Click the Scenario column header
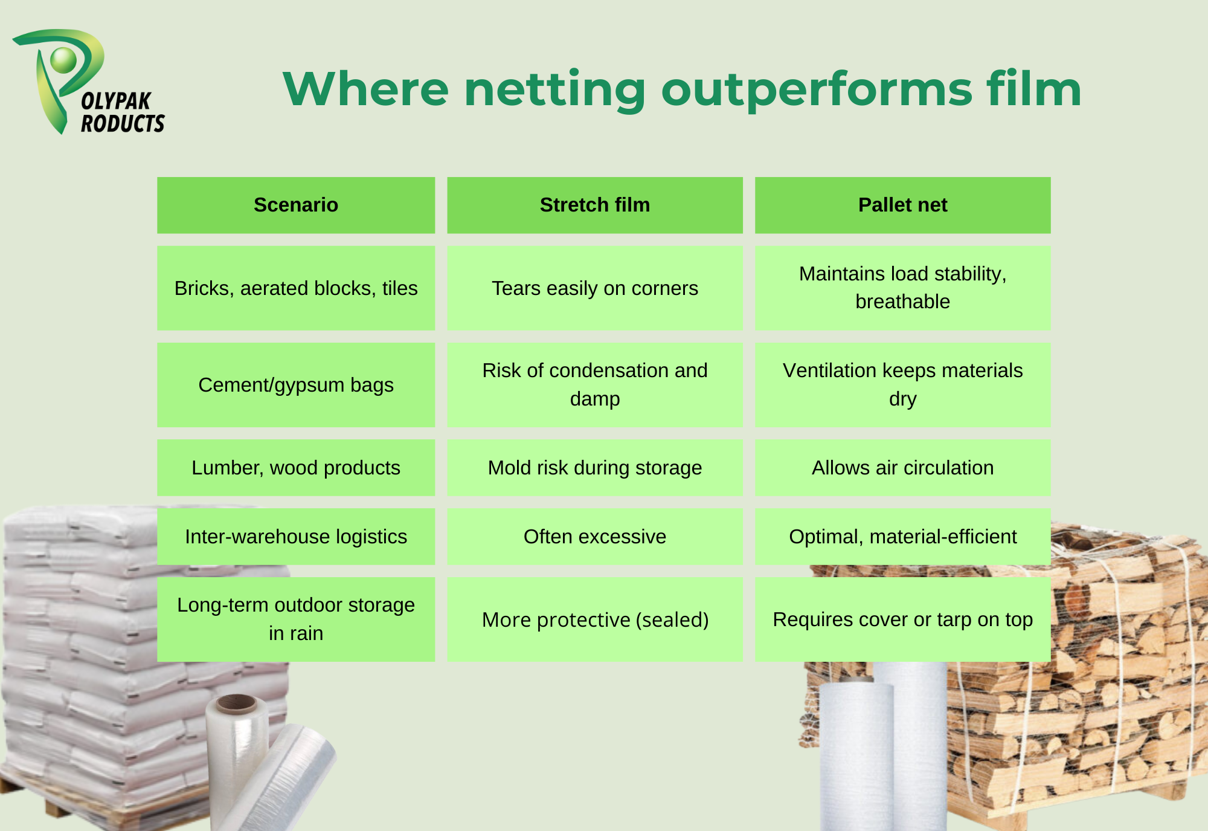click(296, 205)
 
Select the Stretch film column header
click(595, 205)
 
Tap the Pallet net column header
click(903, 205)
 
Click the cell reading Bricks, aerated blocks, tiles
click(296, 288)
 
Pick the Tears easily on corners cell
click(595, 288)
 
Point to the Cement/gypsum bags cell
click(296, 385)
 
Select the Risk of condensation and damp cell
click(595, 385)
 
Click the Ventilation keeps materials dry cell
click(903, 385)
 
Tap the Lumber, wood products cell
click(296, 468)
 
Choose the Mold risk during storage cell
click(595, 468)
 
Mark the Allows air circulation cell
click(903, 468)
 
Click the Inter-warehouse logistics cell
click(296, 537)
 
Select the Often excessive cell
click(595, 537)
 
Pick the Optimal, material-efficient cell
click(903, 537)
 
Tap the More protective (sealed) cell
click(595, 619)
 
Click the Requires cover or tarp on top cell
click(903, 619)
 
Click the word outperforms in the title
click(817, 89)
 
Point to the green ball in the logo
click(63, 60)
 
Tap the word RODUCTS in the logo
click(123, 123)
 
